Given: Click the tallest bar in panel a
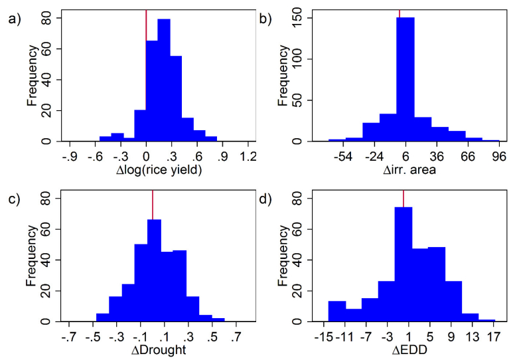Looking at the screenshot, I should pyautogui.click(x=163, y=80).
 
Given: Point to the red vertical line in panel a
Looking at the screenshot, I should pyautogui.click(x=146, y=20).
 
